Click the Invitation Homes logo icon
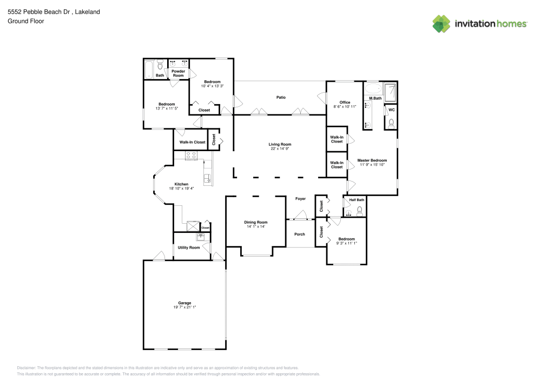[x=441, y=23]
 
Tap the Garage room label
[x=184, y=303]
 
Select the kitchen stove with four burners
[x=192, y=155]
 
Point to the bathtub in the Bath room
[x=149, y=69]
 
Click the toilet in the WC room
[x=391, y=123]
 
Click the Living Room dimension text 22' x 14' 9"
[x=280, y=149]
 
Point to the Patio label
[x=281, y=98]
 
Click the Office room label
[x=345, y=102]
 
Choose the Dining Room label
[x=256, y=222]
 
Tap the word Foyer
[x=300, y=199]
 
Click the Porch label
[x=299, y=234]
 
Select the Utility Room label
[x=189, y=248]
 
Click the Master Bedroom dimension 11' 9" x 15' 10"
[x=372, y=165]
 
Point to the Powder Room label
[x=178, y=73]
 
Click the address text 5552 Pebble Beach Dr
[x=35, y=11]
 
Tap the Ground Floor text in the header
[x=25, y=21]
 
